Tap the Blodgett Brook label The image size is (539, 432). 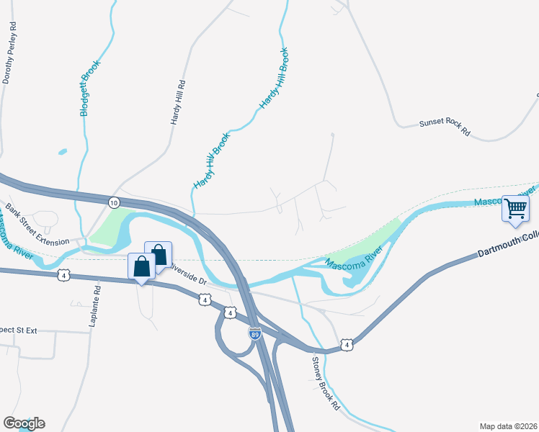pyautogui.click(x=90, y=89)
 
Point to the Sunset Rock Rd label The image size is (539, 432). pyautogui.click(x=444, y=128)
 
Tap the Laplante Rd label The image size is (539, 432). pyautogui.click(x=95, y=307)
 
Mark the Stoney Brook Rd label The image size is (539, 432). pyautogui.click(x=326, y=382)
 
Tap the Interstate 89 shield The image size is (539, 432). pyautogui.click(x=254, y=333)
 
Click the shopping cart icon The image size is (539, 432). pyautogui.click(x=515, y=209)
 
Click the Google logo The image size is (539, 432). pyautogui.click(x=24, y=423)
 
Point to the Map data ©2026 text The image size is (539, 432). pyautogui.click(x=508, y=426)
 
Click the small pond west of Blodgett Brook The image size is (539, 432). pyautogui.click(x=62, y=152)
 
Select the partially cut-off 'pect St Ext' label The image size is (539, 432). pyautogui.click(x=18, y=330)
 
